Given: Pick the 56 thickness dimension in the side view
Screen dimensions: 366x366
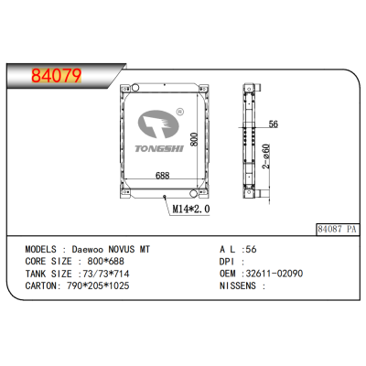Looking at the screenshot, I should (274, 124).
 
